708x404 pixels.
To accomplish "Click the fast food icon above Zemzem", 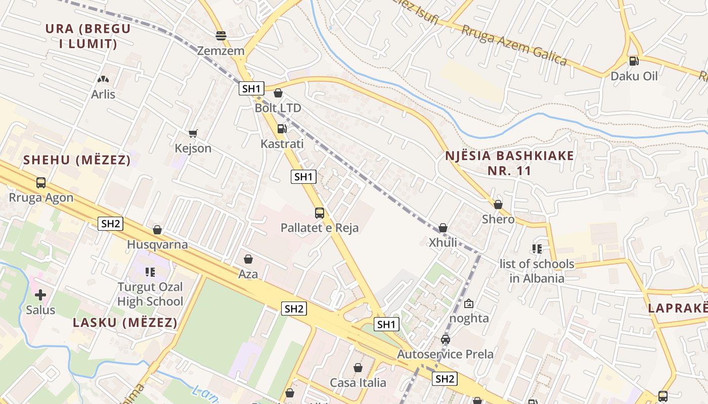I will [x=221, y=36].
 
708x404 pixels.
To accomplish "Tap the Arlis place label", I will [x=103, y=94].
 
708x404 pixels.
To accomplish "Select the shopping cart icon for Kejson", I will [x=193, y=133].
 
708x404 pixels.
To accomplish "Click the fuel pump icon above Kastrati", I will [x=282, y=129].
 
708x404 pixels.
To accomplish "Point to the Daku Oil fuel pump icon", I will [x=634, y=61].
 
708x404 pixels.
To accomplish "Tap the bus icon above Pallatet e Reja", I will [x=320, y=213].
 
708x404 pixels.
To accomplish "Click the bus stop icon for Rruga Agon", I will [x=41, y=183].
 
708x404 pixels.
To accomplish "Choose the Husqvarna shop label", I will [x=157, y=245].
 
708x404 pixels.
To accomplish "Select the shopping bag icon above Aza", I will [x=248, y=259].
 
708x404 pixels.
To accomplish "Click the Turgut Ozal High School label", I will [x=150, y=294].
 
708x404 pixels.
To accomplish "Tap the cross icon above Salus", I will [x=40, y=294].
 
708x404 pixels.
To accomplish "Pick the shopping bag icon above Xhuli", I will [x=443, y=228].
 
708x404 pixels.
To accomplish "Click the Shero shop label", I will [x=498, y=219].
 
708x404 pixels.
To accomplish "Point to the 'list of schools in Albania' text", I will [x=537, y=271].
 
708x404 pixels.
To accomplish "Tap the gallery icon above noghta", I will [x=469, y=304].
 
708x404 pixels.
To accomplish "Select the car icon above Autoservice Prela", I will [x=446, y=339].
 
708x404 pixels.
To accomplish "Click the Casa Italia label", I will [x=358, y=383].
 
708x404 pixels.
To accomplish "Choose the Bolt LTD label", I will [x=278, y=108].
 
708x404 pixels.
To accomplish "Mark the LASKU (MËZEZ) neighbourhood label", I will [x=125, y=323].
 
